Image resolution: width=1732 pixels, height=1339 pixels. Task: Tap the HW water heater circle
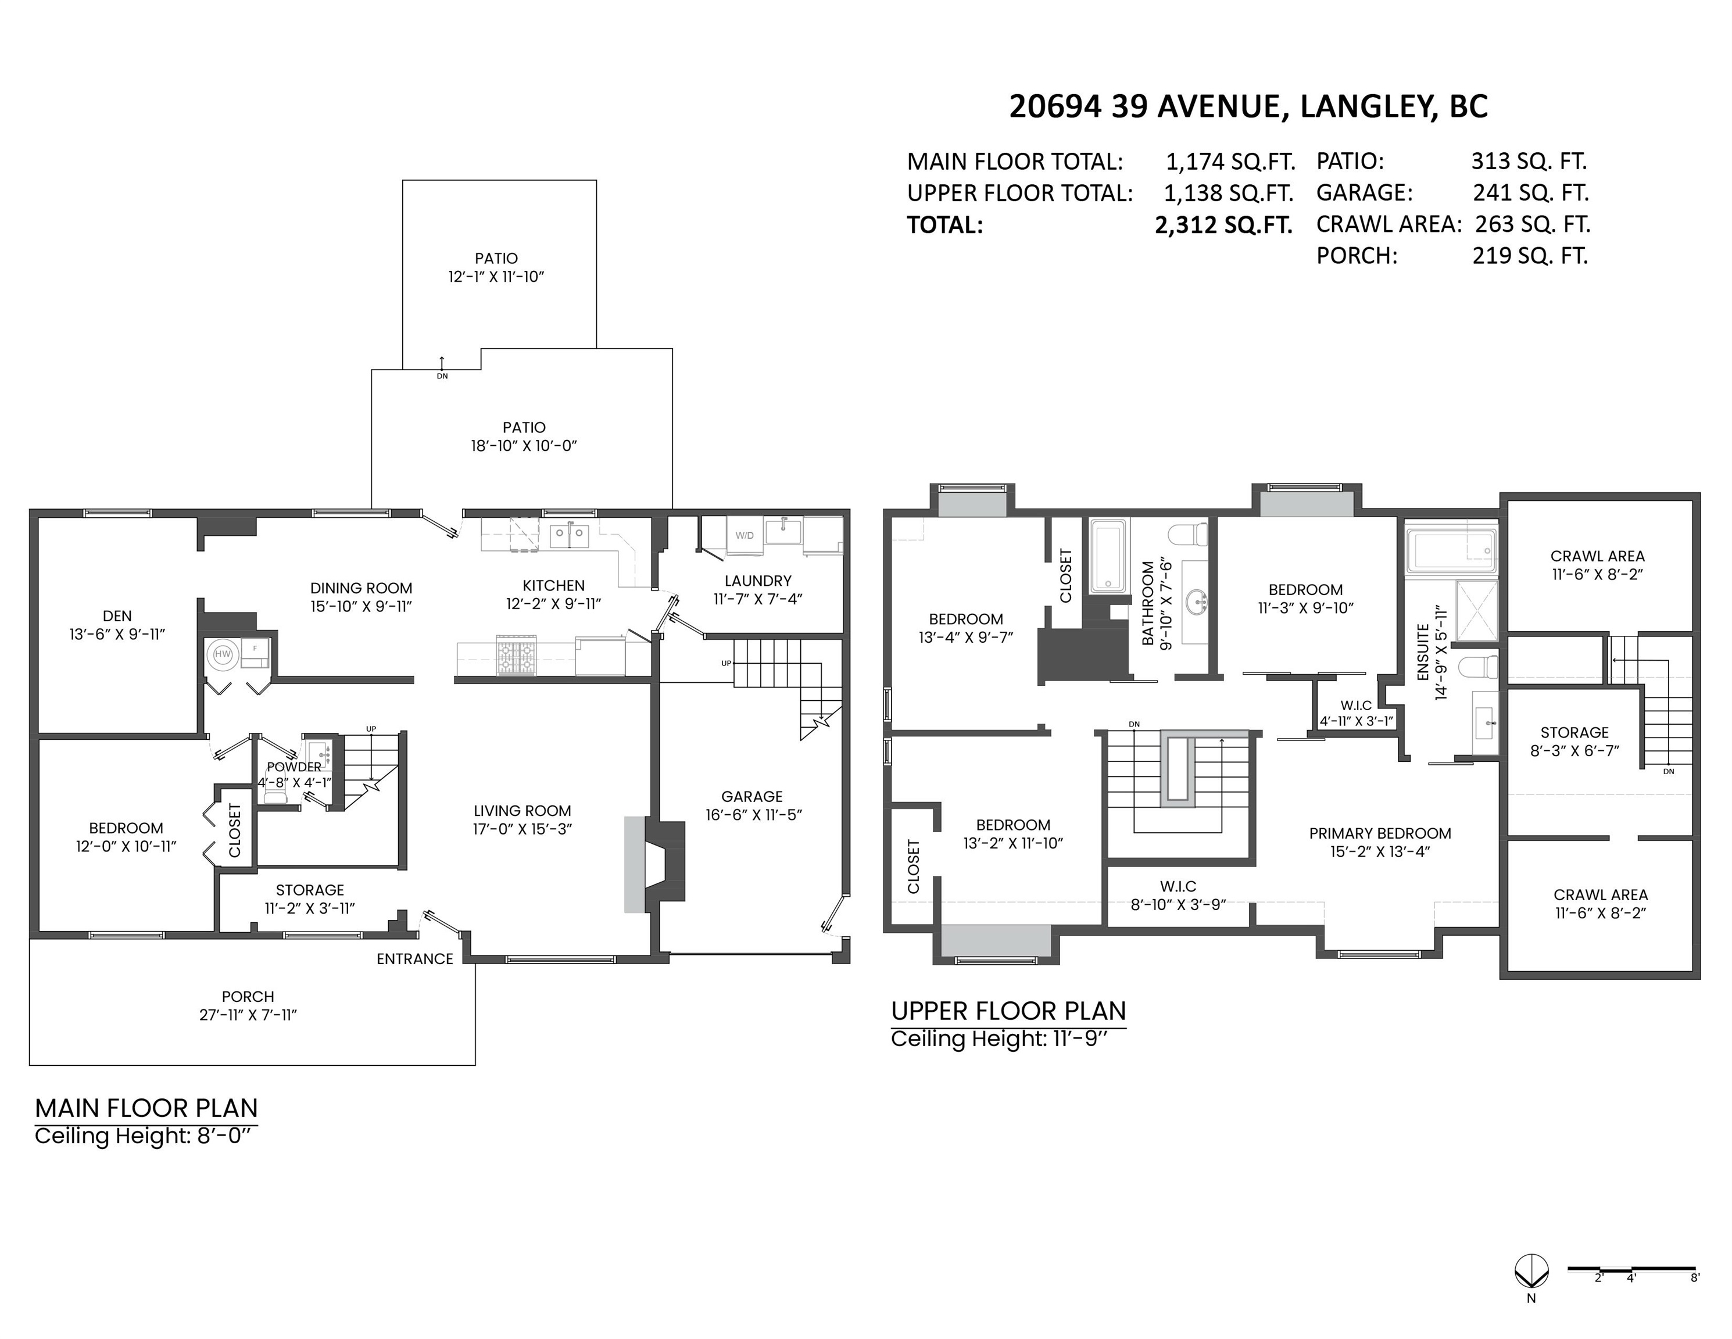click(x=223, y=654)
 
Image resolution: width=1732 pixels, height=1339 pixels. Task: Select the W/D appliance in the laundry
click(x=745, y=535)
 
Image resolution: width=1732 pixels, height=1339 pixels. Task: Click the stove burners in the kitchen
click(x=516, y=656)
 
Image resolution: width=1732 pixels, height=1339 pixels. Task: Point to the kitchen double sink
click(x=570, y=535)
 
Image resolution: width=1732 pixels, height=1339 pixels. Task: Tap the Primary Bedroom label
click(x=1380, y=833)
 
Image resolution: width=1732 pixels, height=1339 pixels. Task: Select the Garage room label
click(x=752, y=796)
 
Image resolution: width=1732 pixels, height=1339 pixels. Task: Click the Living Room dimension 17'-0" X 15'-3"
click(x=523, y=829)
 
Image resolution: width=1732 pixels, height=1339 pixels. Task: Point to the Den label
click(x=117, y=616)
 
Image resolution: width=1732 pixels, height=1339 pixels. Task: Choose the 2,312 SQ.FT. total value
click(x=1223, y=225)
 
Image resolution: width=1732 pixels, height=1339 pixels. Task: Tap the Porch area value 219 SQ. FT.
click(x=1530, y=256)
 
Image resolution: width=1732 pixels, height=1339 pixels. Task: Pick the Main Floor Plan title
click(x=146, y=1108)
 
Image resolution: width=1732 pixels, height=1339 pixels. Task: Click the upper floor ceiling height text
click(x=999, y=1039)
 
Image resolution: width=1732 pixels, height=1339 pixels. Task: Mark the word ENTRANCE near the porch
click(x=415, y=958)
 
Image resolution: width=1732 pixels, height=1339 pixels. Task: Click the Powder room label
click(x=294, y=767)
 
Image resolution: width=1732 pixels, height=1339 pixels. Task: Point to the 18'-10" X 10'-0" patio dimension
click(x=524, y=446)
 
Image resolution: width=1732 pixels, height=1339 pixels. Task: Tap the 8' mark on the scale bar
click(x=1695, y=1300)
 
